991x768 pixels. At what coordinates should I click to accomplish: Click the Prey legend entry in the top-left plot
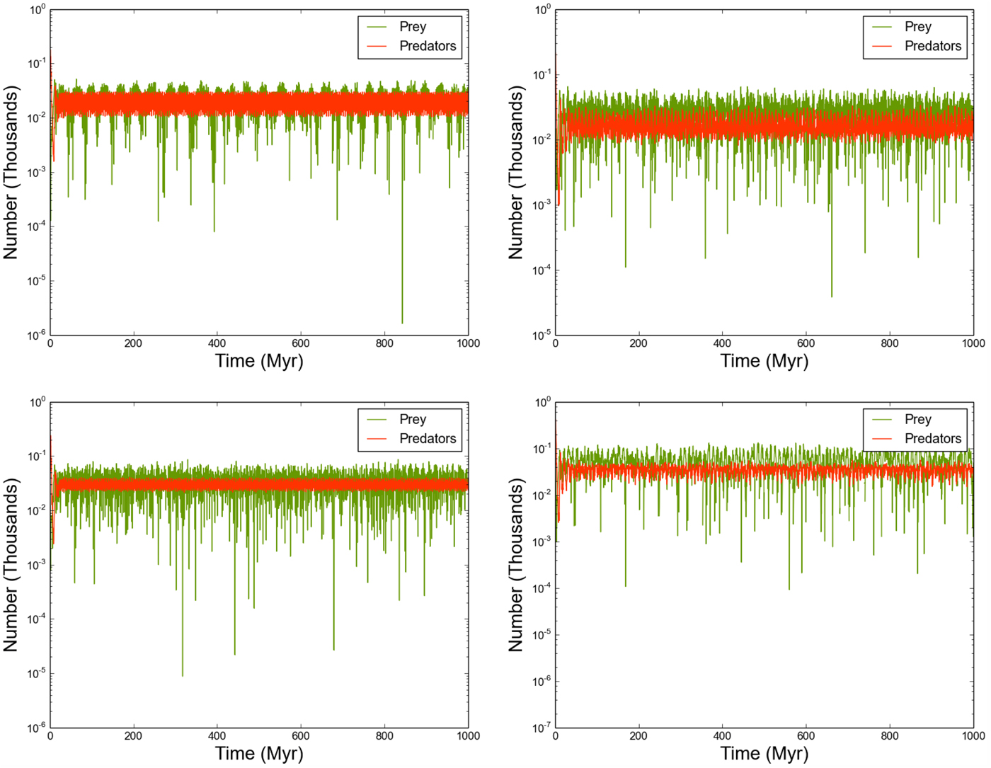point(412,27)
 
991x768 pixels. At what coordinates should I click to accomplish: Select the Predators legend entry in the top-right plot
point(932,46)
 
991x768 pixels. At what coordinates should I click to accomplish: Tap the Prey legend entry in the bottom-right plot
point(917,420)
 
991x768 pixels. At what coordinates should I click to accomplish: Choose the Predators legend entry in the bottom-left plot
point(427,439)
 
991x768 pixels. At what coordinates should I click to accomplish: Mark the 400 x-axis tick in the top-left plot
point(217,343)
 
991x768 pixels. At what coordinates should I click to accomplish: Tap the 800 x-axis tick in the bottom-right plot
point(889,736)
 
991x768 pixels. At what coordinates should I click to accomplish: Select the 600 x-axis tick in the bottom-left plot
point(300,736)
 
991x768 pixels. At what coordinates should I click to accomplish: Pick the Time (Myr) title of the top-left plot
point(259,361)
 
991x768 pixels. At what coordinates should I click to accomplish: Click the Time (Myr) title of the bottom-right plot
point(764,754)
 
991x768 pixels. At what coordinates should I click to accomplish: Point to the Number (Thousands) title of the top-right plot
point(516,173)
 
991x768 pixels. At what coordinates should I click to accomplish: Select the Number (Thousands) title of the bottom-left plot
point(11,565)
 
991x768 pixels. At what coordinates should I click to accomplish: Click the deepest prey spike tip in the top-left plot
point(402,323)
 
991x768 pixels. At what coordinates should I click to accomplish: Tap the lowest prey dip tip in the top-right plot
point(831,297)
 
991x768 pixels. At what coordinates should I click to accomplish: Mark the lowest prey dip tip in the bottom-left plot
point(182,676)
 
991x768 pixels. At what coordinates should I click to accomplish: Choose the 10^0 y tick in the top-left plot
point(37,10)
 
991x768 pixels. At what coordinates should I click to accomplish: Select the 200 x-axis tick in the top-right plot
point(638,343)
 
